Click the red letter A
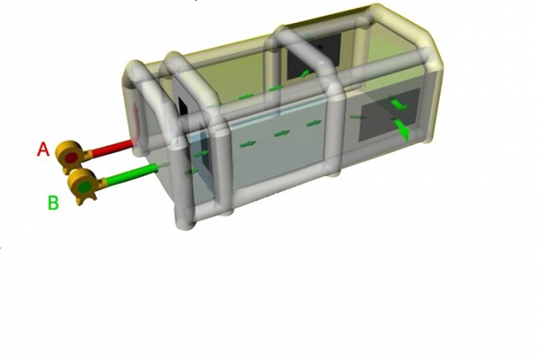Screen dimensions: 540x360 coord(43,150)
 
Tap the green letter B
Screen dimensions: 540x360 coord(53,203)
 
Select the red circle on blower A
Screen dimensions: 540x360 coord(71,158)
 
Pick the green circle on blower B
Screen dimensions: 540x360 coord(85,187)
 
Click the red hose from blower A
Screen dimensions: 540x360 coord(112,147)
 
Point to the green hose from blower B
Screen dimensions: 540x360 coord(132,175)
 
